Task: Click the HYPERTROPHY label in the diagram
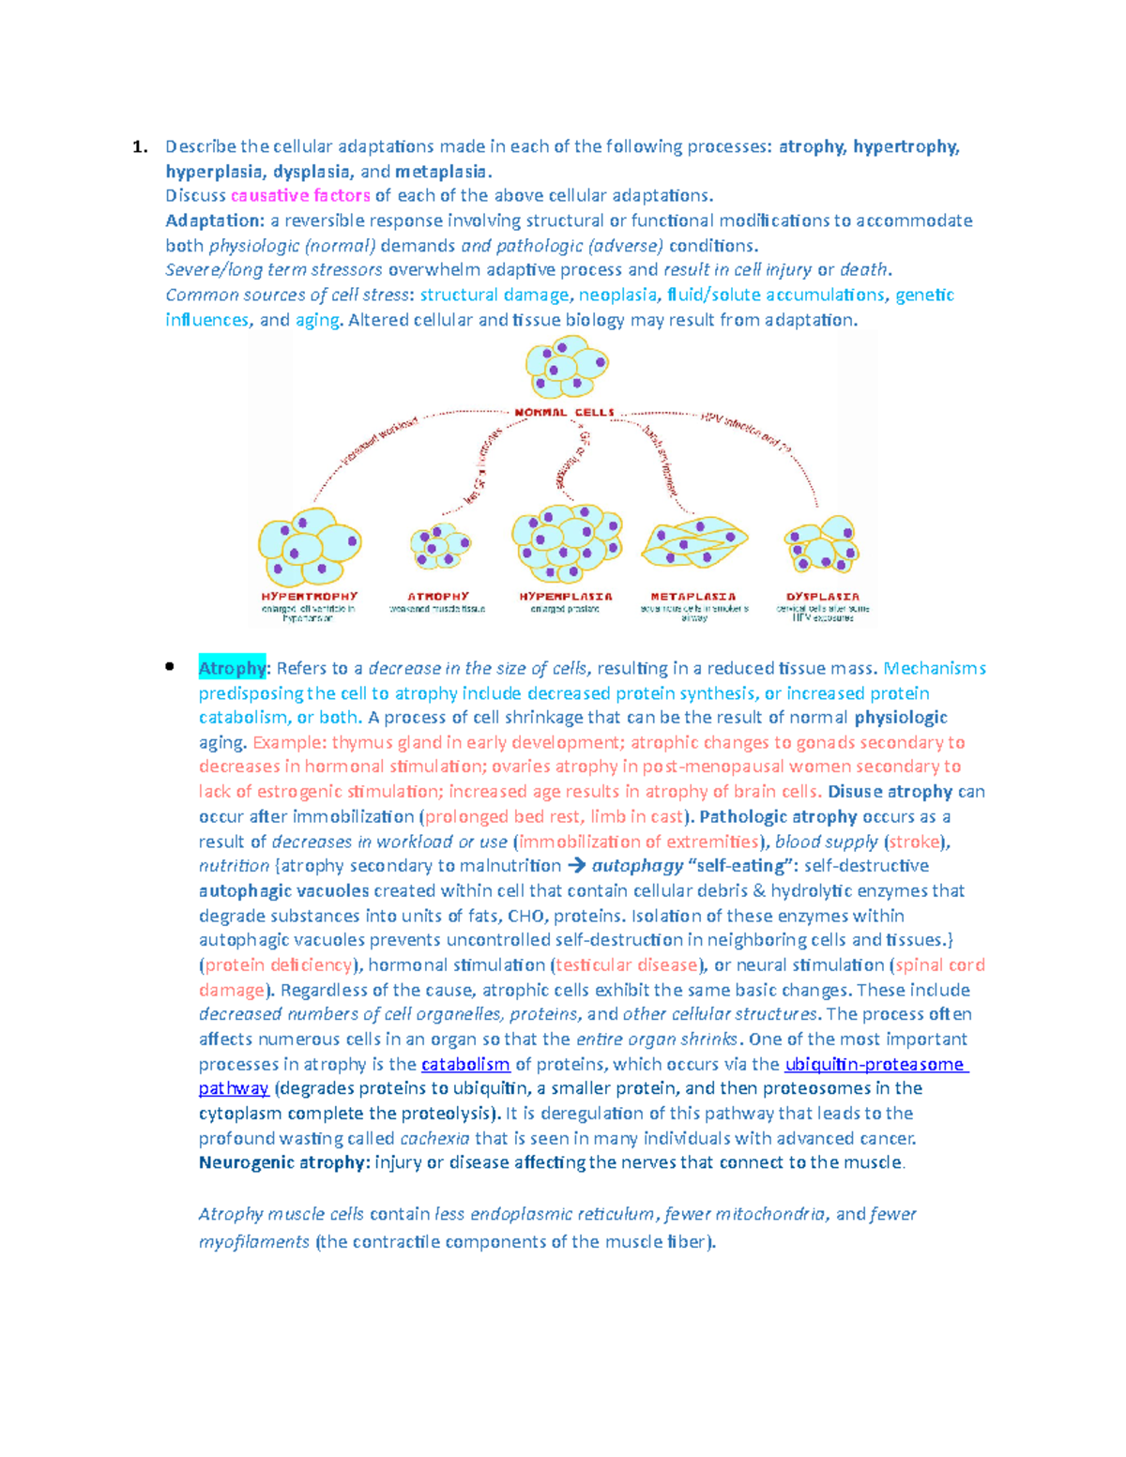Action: (x=309, y=596)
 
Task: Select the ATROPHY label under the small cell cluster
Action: (x=438, y=596)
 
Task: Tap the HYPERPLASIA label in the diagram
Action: (x=565, y=596)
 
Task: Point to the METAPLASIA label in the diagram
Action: (x=693, y=596)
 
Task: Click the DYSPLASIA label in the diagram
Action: (x=823, y=596)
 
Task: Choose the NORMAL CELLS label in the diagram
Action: (x=565, y=412)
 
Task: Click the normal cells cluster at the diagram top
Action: (x=567, y=369)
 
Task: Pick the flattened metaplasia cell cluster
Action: (x=694, y=542)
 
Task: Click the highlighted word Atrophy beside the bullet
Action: (x=232, y=668)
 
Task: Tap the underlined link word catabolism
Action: (x=465, y=1064)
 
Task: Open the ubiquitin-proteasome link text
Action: (x=875, y=1064)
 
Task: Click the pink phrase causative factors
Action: (x=300, y=196)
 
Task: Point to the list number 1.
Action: (x=140, y=146)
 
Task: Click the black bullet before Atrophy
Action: (x=170, y=667)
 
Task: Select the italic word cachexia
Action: (x=434, y=1138)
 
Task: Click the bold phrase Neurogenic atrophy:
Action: (x=283, y=1162)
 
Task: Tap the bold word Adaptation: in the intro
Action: (x=215, y=220)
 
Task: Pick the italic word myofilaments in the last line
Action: (x=253, y=1241)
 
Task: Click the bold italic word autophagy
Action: (x=636, y=865)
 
